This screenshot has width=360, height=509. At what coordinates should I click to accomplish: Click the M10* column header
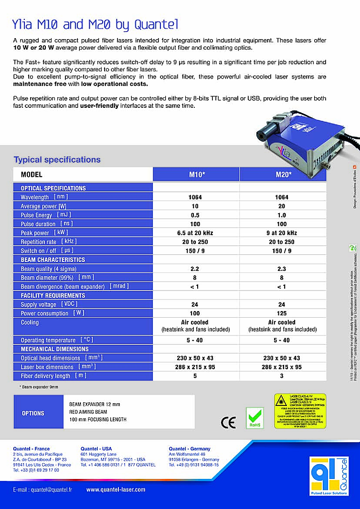196,175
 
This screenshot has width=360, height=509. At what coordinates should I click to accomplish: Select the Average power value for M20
282,206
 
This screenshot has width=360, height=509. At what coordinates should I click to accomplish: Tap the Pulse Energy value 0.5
195,215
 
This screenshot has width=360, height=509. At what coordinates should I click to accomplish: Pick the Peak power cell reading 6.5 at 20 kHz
195,233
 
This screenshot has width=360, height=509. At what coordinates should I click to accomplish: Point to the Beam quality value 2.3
282,269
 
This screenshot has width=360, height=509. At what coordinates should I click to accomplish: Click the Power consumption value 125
282,313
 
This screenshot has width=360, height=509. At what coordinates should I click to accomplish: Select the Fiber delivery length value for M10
195,376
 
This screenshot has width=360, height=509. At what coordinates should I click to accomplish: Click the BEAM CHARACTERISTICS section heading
53,260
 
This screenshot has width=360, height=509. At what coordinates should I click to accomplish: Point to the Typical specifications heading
57,160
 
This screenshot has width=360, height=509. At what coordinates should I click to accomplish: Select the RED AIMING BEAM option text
88,412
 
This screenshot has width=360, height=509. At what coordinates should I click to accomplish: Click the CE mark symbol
228,422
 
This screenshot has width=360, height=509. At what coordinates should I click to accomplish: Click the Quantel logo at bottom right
329,478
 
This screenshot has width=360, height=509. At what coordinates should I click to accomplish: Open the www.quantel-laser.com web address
116,489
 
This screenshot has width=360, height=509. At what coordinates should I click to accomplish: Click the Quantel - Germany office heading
189,449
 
